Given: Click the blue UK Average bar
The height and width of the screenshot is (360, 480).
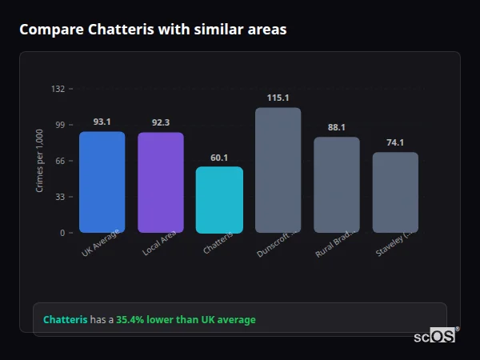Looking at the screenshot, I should [x=102, y=182].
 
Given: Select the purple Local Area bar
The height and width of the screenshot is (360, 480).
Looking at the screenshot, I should [x=160, y=182].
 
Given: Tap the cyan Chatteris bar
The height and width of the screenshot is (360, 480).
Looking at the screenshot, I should [x=219, y=200].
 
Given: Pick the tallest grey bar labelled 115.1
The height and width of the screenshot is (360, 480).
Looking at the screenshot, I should [x=278, y=170].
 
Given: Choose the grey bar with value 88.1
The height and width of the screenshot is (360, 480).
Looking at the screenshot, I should [x=336, y=185].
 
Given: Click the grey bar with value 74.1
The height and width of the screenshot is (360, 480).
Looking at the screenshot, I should [x=395, y=193].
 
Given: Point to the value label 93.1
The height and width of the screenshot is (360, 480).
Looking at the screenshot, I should [x=102, y=122].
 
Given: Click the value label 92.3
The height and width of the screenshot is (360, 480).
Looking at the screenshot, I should [x=160, y=123].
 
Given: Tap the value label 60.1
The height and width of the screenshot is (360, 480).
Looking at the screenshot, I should [x=219, y=158].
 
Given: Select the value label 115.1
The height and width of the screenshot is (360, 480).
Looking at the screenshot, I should [x=278, y=98].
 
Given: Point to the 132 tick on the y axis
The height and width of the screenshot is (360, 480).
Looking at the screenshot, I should [x=58, y=89].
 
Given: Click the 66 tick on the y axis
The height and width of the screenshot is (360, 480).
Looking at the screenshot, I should [x=59, y=161].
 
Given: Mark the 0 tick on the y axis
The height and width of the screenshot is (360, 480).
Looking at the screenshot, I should [x=62, y=233].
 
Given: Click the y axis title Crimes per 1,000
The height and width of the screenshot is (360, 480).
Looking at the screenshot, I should [x=40, y=161].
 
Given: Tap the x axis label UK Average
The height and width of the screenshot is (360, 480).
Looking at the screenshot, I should [x=101, y=243].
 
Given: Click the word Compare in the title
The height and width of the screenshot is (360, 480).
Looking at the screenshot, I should [x=49, y=30].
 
